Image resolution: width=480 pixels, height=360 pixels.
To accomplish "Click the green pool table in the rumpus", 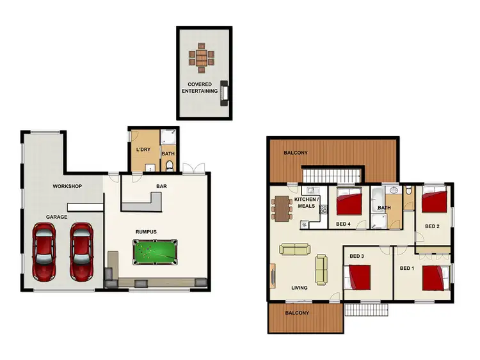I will pyautogui.click(x=154, y=251).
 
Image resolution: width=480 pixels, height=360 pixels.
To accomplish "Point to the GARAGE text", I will pyautogui.click(x=56, y=217).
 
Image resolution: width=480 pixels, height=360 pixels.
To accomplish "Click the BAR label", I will pyautogui.click(x=162, y=187).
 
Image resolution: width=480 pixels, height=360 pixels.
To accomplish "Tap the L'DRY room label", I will pyautogui.click(x=143, y=149).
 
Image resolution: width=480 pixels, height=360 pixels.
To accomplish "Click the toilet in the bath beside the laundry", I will pyautogui.click(x=170, y=166).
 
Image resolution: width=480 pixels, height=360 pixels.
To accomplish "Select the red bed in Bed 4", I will pyautogui.click(x=349, y=203).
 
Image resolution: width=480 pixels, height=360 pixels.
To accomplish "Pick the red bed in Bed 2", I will pyautogui.click(x=435, y=203).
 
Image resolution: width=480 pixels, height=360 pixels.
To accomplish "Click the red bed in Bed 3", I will pyautogui.click(x=358, y=278).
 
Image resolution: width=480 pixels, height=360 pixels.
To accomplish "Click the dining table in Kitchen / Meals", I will pyautogui.click(x=282, y=208).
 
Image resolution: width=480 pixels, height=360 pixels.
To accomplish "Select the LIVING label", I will pyautogui.click(x=300, y=288).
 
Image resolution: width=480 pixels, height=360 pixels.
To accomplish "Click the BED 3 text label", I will pyautogui.click(x=356, y=256).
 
